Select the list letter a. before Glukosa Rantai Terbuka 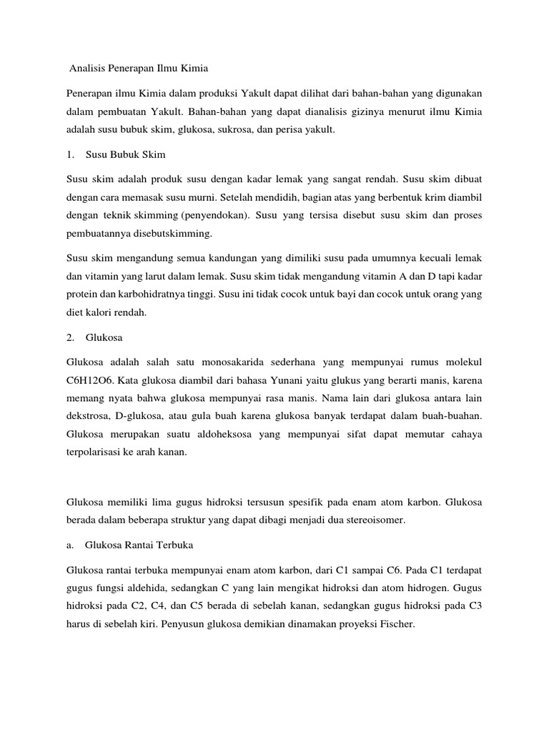(x=69, y=545)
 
